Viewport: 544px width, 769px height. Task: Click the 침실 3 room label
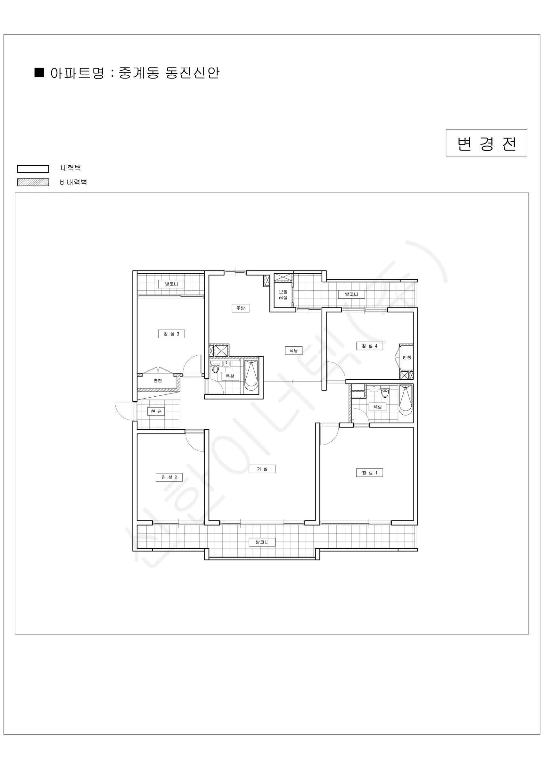171,334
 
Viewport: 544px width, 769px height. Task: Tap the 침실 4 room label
369,346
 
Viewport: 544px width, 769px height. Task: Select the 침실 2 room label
169,477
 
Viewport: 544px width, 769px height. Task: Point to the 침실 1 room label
369,473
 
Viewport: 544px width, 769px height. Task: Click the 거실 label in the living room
262,469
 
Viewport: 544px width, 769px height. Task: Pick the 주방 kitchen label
241,308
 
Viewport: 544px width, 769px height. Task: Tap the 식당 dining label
294,351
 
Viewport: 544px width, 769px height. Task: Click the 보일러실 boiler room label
283,295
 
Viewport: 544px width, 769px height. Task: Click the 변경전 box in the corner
486,143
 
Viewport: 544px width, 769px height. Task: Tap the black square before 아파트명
39,73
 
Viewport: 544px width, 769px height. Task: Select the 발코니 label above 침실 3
171,284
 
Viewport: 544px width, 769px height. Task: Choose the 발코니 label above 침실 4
351,294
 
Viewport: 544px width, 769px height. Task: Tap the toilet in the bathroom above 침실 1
385,392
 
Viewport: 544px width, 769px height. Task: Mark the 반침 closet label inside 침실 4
407,358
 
